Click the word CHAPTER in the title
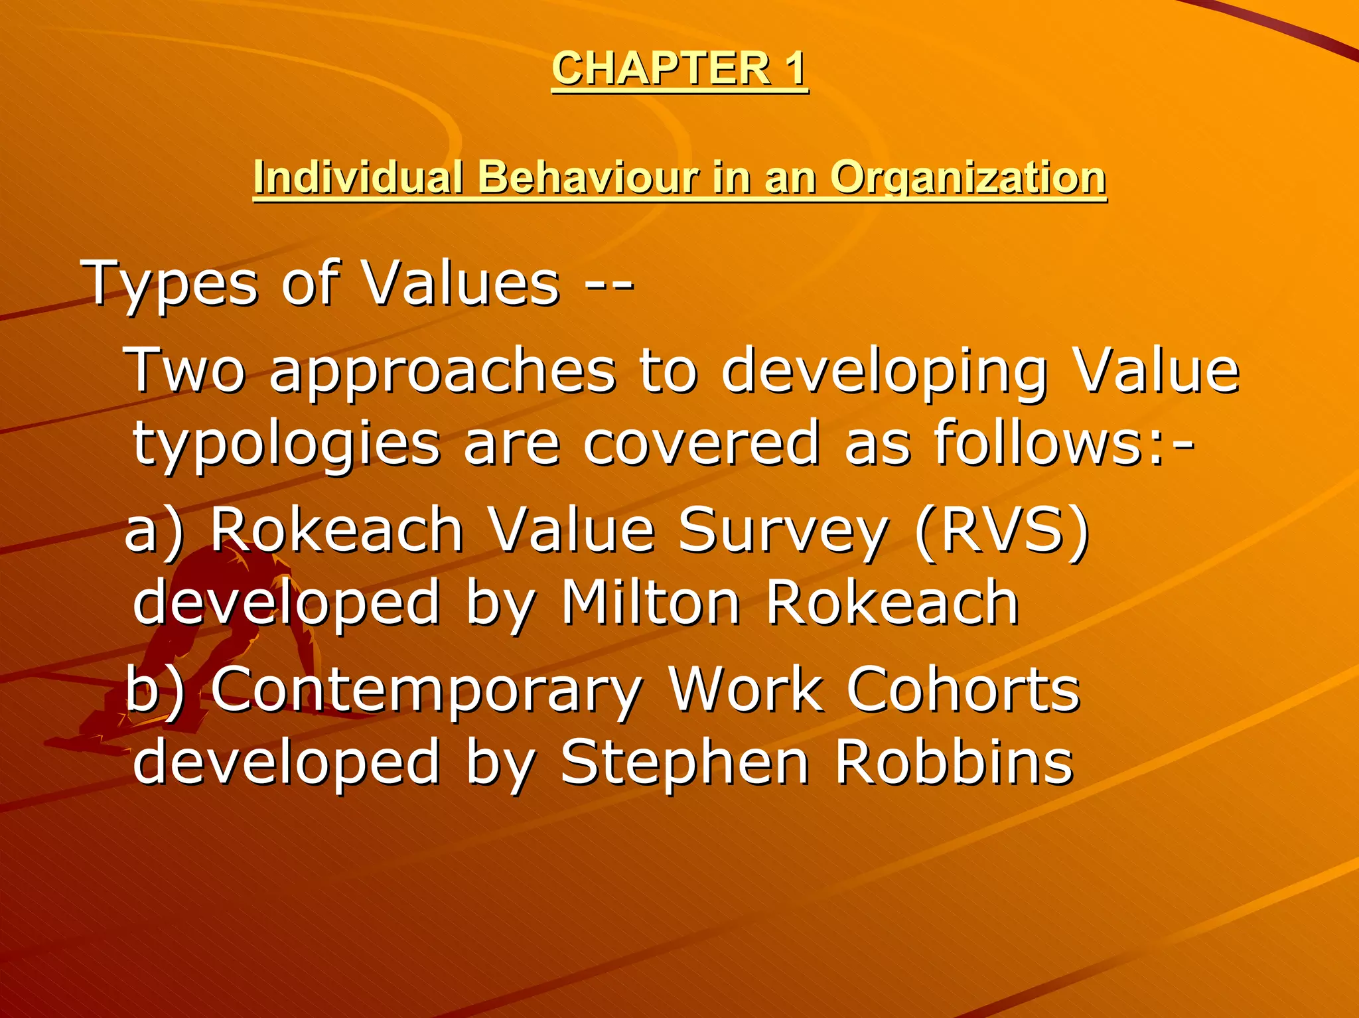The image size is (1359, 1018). pyautogui.click(x=660, y=68)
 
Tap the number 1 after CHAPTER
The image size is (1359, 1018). pyautogui.click(x=793, y=68)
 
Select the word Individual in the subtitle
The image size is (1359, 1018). pyautogui.click(x=358, y=178)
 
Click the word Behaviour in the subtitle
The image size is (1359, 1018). pyautogui.click(x=588, y=178)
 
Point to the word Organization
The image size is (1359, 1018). pyautogui.click(x=967, y=178)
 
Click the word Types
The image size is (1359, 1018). pyautogui.click(x=169, y=285)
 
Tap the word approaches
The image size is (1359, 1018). pyautogui.click(x=443, y=371)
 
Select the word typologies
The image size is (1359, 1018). pyautogui.click(x=286, y=445)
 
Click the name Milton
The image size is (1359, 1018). pyautogui.click(x=651, y=603)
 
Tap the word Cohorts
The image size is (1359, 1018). pyautogui.click(x=964, y=690)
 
